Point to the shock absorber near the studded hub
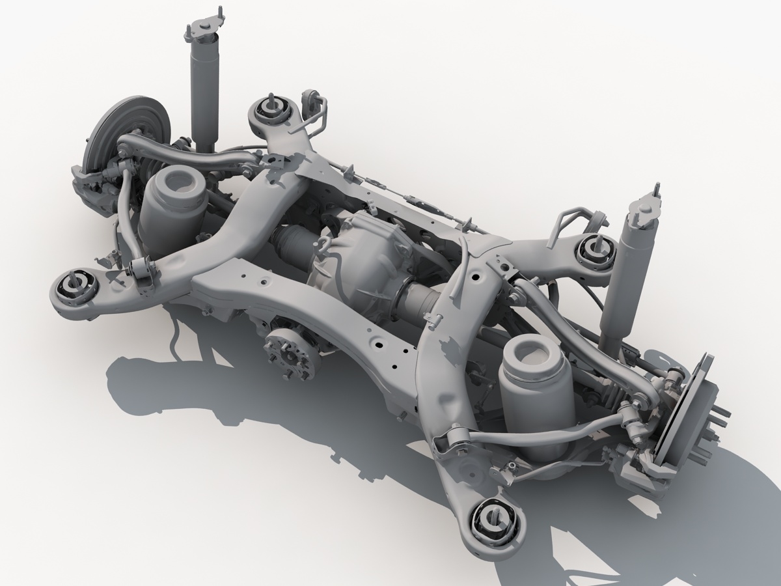pyautogui.click(x=625, y=280)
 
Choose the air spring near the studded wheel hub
pyautogui.click(x=535, y=391)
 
